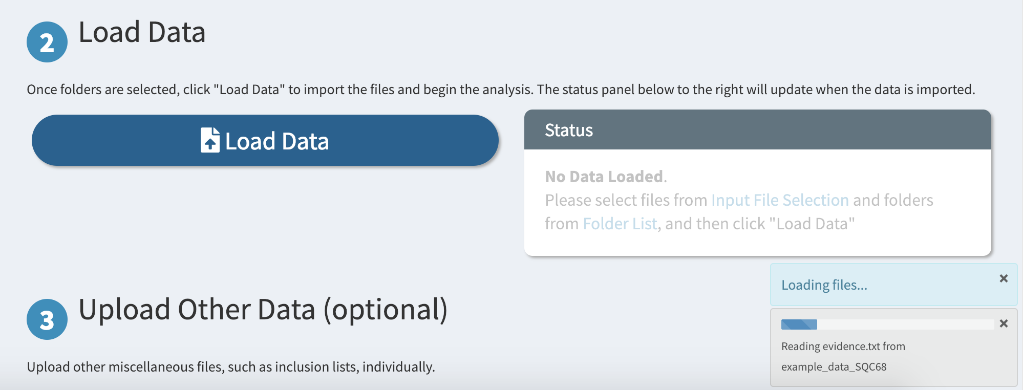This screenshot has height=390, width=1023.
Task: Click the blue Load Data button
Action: click(265, 140)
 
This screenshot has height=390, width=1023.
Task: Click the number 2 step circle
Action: click(47, 42)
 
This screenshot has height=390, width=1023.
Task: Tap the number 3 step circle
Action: click(47, 319)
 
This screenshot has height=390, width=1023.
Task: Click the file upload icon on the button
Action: click(210, 140)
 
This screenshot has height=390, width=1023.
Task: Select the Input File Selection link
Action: click(780, 200)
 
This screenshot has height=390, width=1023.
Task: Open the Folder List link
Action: click(620, 224)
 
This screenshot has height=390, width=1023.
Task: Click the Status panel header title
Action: click(569, 131)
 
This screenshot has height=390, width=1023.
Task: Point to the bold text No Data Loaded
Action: click(604, 177)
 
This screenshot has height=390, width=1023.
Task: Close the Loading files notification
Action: click(1004, 278)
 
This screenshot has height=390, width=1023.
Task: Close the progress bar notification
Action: click(1004, 323)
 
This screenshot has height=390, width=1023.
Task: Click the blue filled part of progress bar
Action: click(799, 324)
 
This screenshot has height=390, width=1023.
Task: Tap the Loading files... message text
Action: click(824, 285)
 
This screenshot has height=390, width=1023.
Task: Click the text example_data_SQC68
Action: click(834, 367)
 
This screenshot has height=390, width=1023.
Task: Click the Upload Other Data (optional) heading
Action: click(263, 310)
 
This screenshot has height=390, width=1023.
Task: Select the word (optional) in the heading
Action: click(386, 310)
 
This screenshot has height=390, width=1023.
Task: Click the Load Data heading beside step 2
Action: click(142, 32)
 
